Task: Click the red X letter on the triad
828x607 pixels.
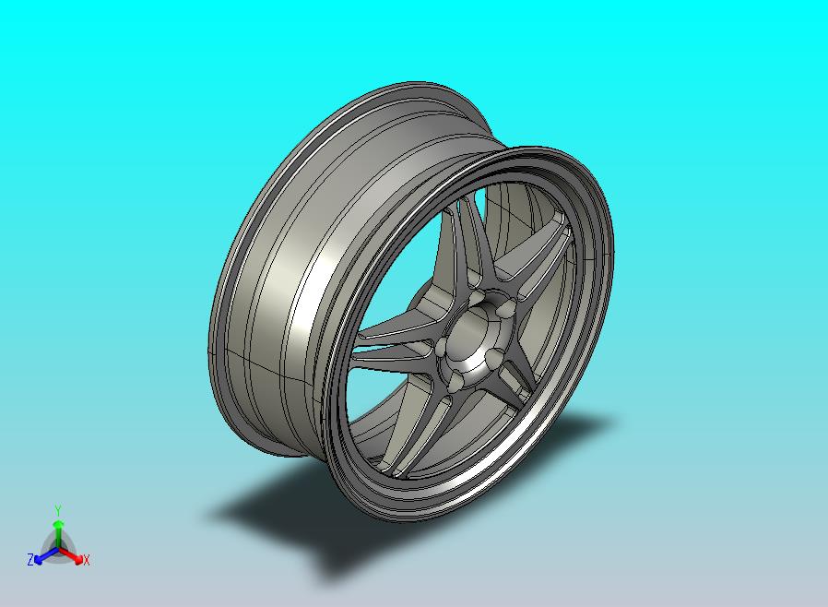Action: pos(86,559)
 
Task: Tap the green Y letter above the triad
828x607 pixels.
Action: pos(57,510)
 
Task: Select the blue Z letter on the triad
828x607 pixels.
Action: pos(30,559)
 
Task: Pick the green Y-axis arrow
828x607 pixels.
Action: pos(58,529)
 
